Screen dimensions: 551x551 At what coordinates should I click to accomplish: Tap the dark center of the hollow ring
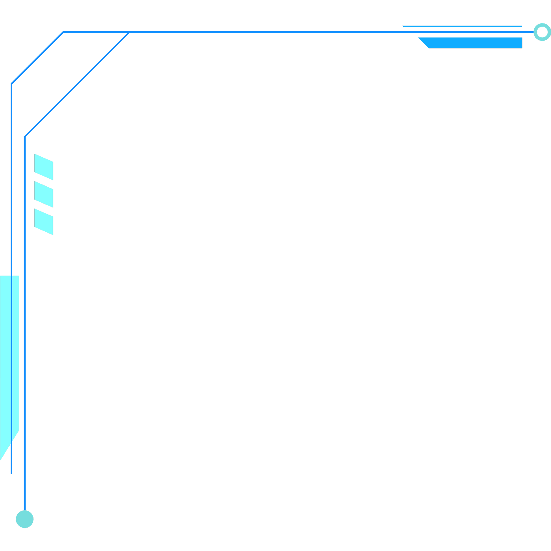[x=542, y=32]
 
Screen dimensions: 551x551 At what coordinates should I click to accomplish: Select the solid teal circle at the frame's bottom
[x=24, y=519]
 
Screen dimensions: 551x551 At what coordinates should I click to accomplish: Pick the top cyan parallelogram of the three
[x=44, y=167]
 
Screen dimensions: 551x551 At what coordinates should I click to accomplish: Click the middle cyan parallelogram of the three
[x=44, y=194]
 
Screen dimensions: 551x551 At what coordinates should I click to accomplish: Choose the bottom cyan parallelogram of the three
[x=44, y=222]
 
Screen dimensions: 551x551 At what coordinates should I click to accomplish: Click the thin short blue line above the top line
[x=462, y=26]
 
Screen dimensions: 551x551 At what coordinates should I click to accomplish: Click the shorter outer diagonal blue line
[x=37, y=58]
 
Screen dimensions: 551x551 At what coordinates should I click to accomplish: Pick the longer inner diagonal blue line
[x=77, y=84]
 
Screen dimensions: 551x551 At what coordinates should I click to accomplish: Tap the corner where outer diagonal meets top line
[x=63, y=32]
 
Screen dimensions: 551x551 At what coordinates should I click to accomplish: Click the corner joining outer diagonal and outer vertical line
[x=11, y=84]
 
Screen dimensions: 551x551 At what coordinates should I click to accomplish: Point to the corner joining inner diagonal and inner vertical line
[x=25, y=137]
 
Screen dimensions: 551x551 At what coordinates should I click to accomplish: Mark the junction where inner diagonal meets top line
[x=129, y=32]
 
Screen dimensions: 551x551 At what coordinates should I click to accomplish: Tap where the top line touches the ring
[x=533, y=32]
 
